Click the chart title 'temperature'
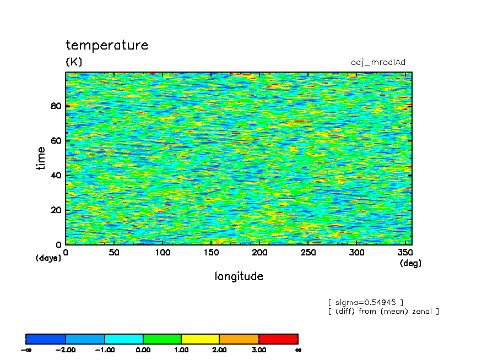coord(107,45)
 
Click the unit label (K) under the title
coord(74,61)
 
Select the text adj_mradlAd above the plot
coord(378,62)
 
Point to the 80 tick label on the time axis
coord(56,106)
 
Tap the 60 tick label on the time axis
coord(56,140)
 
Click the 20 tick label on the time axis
coord(56,210)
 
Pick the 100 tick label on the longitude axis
coord(163,253)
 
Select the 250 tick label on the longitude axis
coord(308,253)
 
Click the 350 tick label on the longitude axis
coord(405,253)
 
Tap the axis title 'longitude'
coord(239,276)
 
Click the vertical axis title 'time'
coord(41,158)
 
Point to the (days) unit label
coord(48,258)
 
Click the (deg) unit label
coord(410,263)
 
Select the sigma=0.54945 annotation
coord(366,302)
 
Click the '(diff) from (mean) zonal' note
coord(383,311)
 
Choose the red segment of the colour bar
coord(278,339)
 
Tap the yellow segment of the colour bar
coord(200,339)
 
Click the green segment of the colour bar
coord(162,339)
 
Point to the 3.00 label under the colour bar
coord(258,350)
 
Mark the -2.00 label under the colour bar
coord(65,350)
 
